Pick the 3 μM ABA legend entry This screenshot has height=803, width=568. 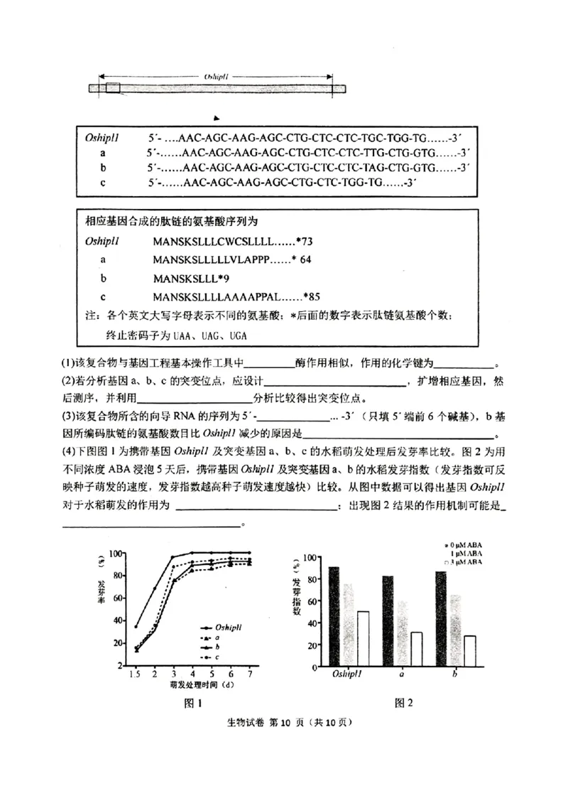464,561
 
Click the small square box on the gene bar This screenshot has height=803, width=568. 113,88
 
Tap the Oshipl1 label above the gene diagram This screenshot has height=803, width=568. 215,76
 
